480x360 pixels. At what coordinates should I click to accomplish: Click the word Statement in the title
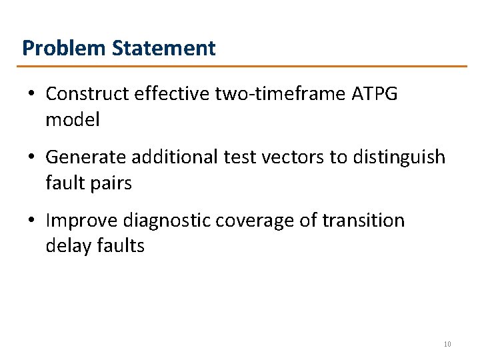[164, 49]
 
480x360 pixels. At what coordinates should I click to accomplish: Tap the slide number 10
[447, 344]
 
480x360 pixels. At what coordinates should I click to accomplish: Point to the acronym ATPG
[373, 95]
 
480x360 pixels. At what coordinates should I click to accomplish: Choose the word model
[72, 120]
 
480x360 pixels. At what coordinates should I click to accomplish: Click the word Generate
[86, 158]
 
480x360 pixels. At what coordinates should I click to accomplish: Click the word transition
[364, 221]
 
